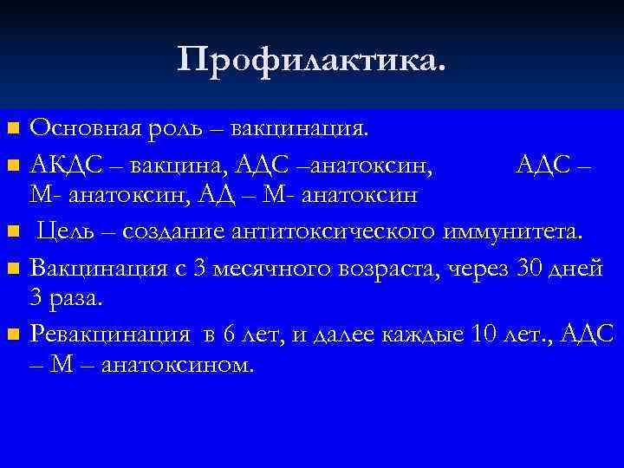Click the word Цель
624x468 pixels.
point(70,231)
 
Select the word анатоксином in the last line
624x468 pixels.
point(178,365)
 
